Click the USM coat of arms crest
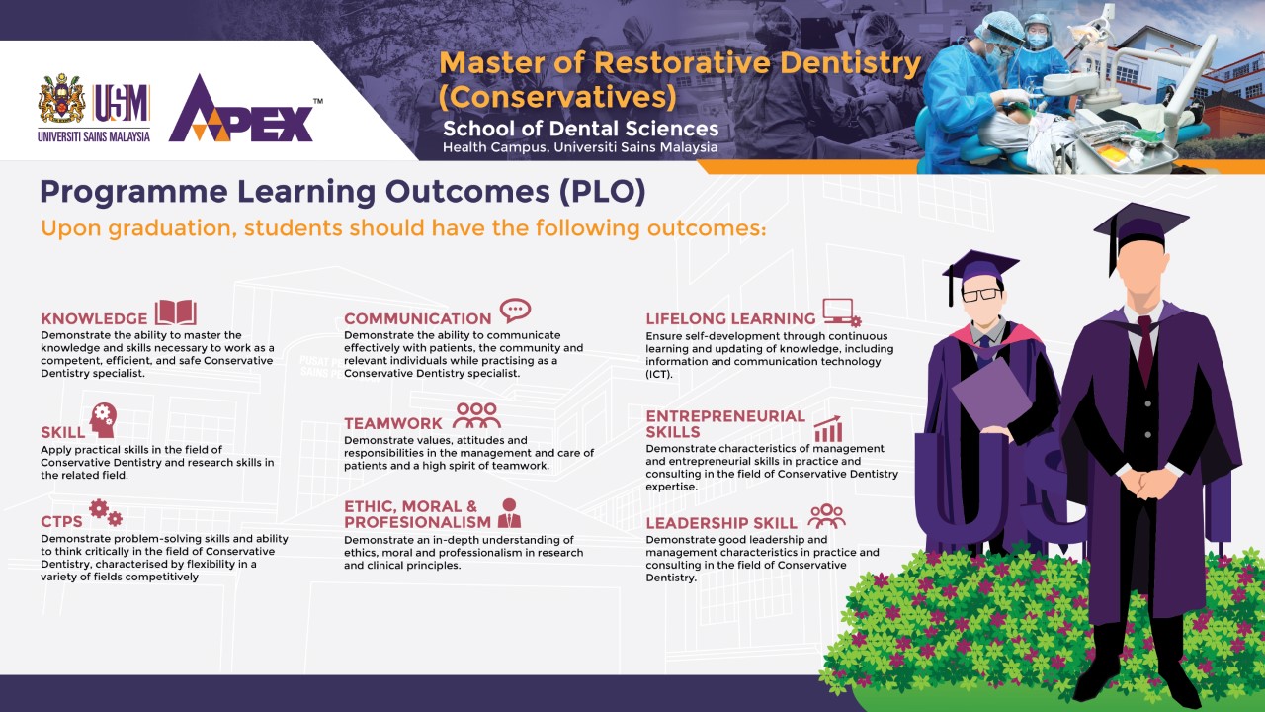point(61,98)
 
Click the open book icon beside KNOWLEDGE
point(176,311)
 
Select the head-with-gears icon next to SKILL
point(103,420)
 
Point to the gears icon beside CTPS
point(106,512)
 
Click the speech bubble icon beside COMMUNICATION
point(515,311)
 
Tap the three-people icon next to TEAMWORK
point(476,415)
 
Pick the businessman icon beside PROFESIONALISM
point(509,513)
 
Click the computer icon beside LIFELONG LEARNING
point(841,312)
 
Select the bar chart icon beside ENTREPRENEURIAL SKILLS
point(828,429)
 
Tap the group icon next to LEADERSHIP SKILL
point(827,516)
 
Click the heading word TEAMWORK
point(393,423)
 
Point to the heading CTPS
point(61,521)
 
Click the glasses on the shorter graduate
point(981,295)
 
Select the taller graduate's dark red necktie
point(1145,349)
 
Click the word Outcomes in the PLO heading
point(467,192)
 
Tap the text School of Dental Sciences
point(580,129)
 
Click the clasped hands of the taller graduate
point(1150,485)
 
